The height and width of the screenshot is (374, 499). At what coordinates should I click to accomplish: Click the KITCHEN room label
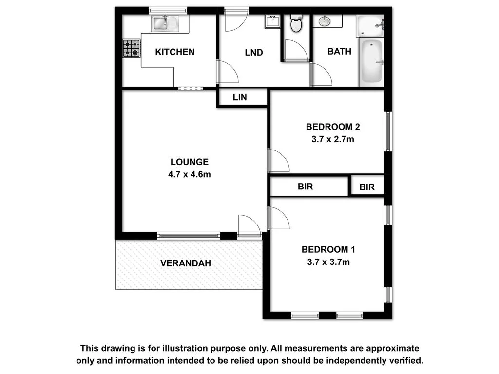tap(174, 52)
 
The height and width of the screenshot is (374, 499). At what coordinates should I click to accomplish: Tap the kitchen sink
tap(165, 23)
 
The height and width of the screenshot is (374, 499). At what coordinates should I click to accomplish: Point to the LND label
tap(254, 53)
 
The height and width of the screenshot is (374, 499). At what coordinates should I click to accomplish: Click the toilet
tap(296, 23)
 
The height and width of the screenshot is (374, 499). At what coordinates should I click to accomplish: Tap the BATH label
tap(339, 51)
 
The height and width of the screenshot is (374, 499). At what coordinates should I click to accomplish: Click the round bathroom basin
tap(325, 21)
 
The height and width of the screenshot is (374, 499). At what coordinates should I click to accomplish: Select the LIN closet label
tap(240, 97)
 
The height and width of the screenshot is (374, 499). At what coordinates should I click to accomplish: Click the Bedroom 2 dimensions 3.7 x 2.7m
tap(333, 139)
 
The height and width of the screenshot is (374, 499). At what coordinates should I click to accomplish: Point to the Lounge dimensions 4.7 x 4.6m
tap(189, 174)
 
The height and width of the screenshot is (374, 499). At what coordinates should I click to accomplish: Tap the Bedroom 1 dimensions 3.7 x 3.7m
tap(328, 262)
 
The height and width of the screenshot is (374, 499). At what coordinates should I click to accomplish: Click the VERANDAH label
tap(186, 263)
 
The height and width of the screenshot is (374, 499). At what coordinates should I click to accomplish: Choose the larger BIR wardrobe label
tap(305, 187)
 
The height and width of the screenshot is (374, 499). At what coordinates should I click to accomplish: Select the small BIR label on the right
tap(367, 187)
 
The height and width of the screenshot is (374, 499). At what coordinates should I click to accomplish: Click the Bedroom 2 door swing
tap(278, 161)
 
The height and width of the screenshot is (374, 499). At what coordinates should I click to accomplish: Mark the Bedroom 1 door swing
tap(278, 219)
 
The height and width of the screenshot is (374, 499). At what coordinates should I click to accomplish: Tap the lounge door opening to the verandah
tap(249, 225)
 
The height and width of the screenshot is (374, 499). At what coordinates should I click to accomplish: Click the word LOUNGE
tap(189, 162)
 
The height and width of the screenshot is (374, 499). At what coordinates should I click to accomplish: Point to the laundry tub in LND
tap(271, 22)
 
